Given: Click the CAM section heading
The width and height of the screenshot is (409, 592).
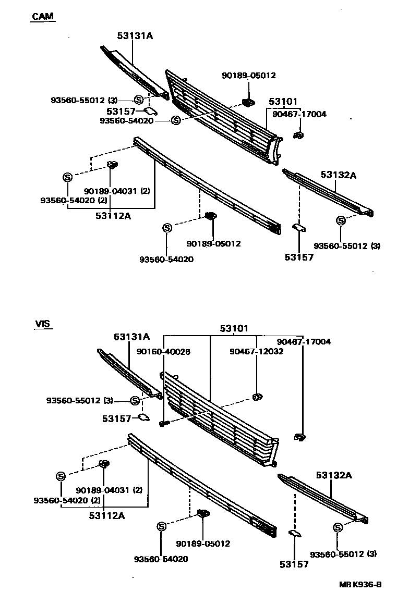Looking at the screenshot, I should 43,16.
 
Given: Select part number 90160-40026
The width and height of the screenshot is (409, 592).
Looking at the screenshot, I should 164,352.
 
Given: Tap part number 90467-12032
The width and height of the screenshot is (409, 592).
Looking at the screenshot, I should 256,352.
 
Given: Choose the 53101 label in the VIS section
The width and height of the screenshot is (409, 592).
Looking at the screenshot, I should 234,328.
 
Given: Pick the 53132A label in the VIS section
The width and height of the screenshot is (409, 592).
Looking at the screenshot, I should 333,475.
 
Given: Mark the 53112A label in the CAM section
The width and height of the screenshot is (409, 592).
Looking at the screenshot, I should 114,215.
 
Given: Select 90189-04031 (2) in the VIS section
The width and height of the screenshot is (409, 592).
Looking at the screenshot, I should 109,490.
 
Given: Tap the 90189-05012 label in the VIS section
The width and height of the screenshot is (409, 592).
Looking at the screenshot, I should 203,544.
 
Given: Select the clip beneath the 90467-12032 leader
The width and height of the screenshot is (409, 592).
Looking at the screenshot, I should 256,397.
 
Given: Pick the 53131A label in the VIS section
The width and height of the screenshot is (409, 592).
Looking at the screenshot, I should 131,337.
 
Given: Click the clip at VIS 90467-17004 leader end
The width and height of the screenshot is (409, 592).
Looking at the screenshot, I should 299,437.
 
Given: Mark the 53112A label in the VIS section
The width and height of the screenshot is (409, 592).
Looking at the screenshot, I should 106,515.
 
